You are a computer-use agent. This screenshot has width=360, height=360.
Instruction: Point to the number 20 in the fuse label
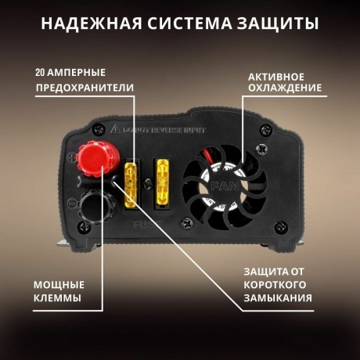[x=41, y=72]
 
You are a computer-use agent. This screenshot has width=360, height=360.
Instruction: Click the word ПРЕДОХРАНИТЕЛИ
[x=85, y=87]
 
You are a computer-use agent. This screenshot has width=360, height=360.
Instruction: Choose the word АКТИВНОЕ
[x=277, y=77]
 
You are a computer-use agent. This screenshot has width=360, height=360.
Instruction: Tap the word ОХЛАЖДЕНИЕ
[x=285, y=92]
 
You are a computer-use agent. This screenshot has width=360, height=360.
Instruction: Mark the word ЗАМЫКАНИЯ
[x=277, y=298]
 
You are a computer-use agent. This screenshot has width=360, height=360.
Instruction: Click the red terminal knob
[x=94, y=160]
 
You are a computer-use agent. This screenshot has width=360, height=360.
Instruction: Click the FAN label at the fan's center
[x=219, y=187]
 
